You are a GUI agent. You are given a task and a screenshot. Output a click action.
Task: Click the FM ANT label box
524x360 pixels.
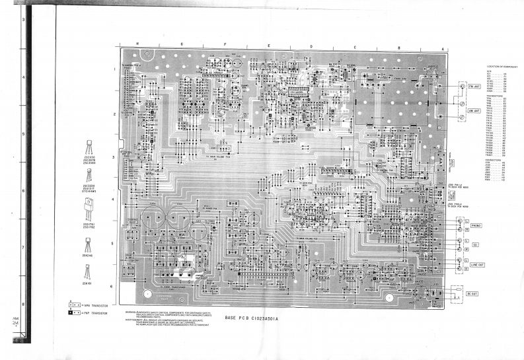pyautogui.click(x=472, y=87)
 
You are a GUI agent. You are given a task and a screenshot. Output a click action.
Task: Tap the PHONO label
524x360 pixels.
pyautogui.click(x=475, y=226)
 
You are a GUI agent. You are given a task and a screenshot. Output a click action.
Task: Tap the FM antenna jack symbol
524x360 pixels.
pyautogui.click(x=460, y=87)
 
